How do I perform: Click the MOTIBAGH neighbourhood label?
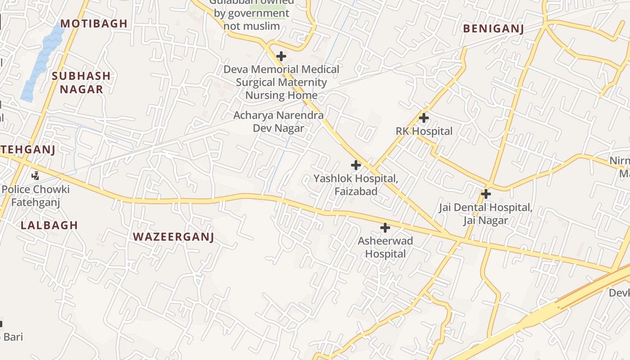click(94, 23)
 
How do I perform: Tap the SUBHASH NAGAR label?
click(81, 82)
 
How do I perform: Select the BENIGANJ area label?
click(494, 29)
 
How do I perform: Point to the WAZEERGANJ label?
click(173, 237)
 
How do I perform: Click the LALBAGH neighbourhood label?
click(49, 225)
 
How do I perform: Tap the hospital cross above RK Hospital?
click(423, 118)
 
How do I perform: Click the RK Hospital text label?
click(424, 131)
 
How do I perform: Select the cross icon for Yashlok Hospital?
click(356, 165)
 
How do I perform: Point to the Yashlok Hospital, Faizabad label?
click(355, 184)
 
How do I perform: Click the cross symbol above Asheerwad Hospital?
click(385, 228)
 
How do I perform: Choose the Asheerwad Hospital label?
click(385, 247)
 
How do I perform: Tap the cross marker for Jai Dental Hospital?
click(486, 194)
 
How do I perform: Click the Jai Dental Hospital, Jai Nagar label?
click(486, 214)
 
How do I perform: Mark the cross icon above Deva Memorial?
click(281, 56)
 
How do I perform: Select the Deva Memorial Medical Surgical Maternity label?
click(281, 82)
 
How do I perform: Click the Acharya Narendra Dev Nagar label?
click(279, 121)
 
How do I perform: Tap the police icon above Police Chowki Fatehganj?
click(35, 175)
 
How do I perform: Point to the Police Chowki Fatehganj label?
click(36, 196)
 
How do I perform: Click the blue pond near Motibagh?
click(43, 63)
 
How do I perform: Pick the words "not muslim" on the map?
click(252, 26)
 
